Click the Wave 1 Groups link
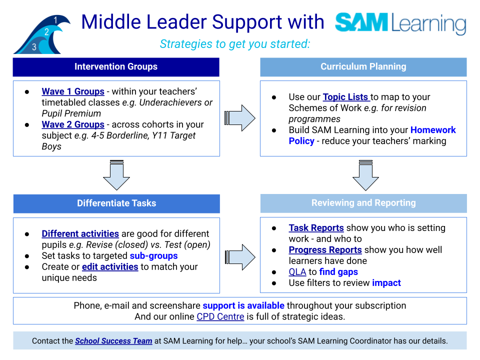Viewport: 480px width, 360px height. [x=73, y=91]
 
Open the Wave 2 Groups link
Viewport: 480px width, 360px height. [x=73, y=124]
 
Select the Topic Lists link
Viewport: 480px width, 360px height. [x=346, y=97]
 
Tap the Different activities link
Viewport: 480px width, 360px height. [x=80, y=234]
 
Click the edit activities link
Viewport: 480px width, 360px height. [x=110, y=267]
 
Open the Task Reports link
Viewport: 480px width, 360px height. [x=316, y=228]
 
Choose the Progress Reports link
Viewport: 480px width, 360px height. [x=325, y=250]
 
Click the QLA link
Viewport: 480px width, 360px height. [x=297, y=272]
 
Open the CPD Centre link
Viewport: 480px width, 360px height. [x=220, y=316]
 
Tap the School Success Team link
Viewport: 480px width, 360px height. [x=113, y=341]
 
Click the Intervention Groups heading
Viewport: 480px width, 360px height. [x=116, y=66]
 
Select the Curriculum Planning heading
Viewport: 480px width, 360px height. [x=363, y=66]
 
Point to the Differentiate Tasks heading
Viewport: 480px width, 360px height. [x=116, y=203]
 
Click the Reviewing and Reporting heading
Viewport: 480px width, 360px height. [x=363, y=203]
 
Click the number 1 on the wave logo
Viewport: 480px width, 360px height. [x=55, y=20]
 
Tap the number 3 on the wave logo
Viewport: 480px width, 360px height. [x=34, y=47]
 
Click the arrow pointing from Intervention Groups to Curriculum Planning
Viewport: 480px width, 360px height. [x=240, y=118]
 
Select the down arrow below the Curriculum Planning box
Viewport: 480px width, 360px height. [x=365, y=175]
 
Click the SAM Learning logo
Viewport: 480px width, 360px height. [x=400, y=23]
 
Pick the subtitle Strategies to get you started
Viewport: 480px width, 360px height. [x=235, y=44]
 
